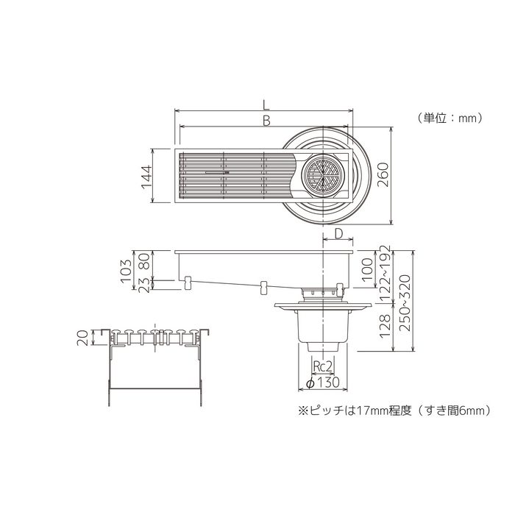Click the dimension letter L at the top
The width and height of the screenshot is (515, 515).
tap(266, 102)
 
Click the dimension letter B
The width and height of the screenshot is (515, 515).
tap(266, 119)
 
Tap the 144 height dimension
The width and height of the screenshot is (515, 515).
tap(146, 177)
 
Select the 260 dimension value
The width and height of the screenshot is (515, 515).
tap(382, 174)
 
